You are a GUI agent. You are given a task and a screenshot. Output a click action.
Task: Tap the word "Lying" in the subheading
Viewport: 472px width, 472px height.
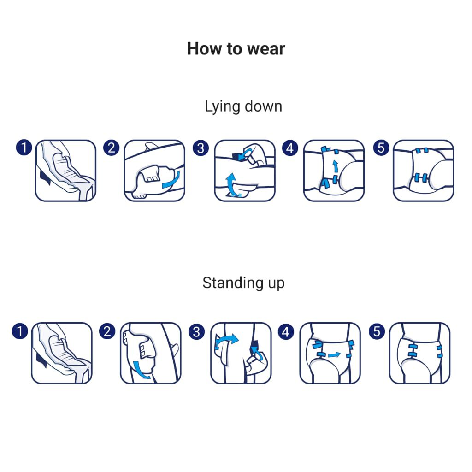[222, 107]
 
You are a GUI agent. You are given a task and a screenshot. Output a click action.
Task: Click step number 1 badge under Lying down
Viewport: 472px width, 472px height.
[24, 147]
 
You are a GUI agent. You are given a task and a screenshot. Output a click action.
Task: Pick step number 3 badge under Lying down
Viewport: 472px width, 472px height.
[201, 148]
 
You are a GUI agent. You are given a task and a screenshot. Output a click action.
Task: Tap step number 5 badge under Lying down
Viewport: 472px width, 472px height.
[381, 148]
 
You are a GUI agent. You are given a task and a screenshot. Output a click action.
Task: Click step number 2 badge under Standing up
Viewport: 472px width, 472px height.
[107, 331]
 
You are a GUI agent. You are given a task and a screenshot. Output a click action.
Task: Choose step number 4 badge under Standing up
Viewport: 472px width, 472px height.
[286, 332]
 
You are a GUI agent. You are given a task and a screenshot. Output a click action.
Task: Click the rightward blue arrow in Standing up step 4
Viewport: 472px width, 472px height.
[334, 355]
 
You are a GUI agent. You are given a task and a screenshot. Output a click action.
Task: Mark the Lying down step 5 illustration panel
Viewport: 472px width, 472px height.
[423, 171]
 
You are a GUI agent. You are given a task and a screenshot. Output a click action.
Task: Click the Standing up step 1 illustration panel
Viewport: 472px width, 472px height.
[62, 353]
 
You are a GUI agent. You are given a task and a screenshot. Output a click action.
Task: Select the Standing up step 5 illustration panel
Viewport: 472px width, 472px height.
[419, 353]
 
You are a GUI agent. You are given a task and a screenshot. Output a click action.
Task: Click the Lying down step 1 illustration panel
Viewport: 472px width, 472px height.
[65, 171]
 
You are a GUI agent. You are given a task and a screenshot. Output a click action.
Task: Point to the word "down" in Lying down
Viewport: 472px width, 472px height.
[263, 106]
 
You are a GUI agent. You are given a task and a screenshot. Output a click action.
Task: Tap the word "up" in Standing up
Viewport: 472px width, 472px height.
[276, 284]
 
